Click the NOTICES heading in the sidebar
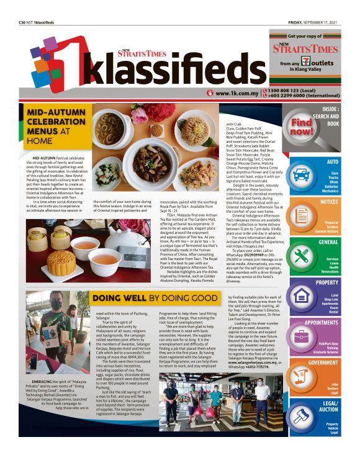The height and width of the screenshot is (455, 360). (329, 202)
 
